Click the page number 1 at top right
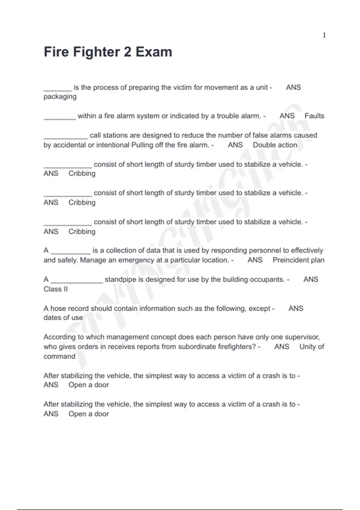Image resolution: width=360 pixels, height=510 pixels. click(x=324, y=35)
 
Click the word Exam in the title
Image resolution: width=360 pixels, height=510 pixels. click(x=154, y=52)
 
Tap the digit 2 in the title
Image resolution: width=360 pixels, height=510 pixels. click(x=127, y=52)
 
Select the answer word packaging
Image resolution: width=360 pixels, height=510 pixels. click(x=60, y=97)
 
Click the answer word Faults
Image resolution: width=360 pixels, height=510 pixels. click(x=314, y=116)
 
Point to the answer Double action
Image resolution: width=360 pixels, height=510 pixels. click(x=275, y=145)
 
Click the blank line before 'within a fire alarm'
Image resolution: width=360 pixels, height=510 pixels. click(x=59, y=118)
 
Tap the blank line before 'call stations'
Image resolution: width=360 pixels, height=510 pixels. click(x=66, y=138)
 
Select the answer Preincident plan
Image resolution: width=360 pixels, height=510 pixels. click(x=298, y=260)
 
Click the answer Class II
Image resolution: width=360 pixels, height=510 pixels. click(x=55, y=289)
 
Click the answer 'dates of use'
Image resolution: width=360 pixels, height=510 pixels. click(x=63, y=318)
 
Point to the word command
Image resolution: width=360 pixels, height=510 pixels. click(x=59, y=356)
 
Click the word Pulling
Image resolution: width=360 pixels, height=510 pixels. click(x=142, y=145)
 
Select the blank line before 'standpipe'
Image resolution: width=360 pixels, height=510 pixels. click(x=76, y=282)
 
